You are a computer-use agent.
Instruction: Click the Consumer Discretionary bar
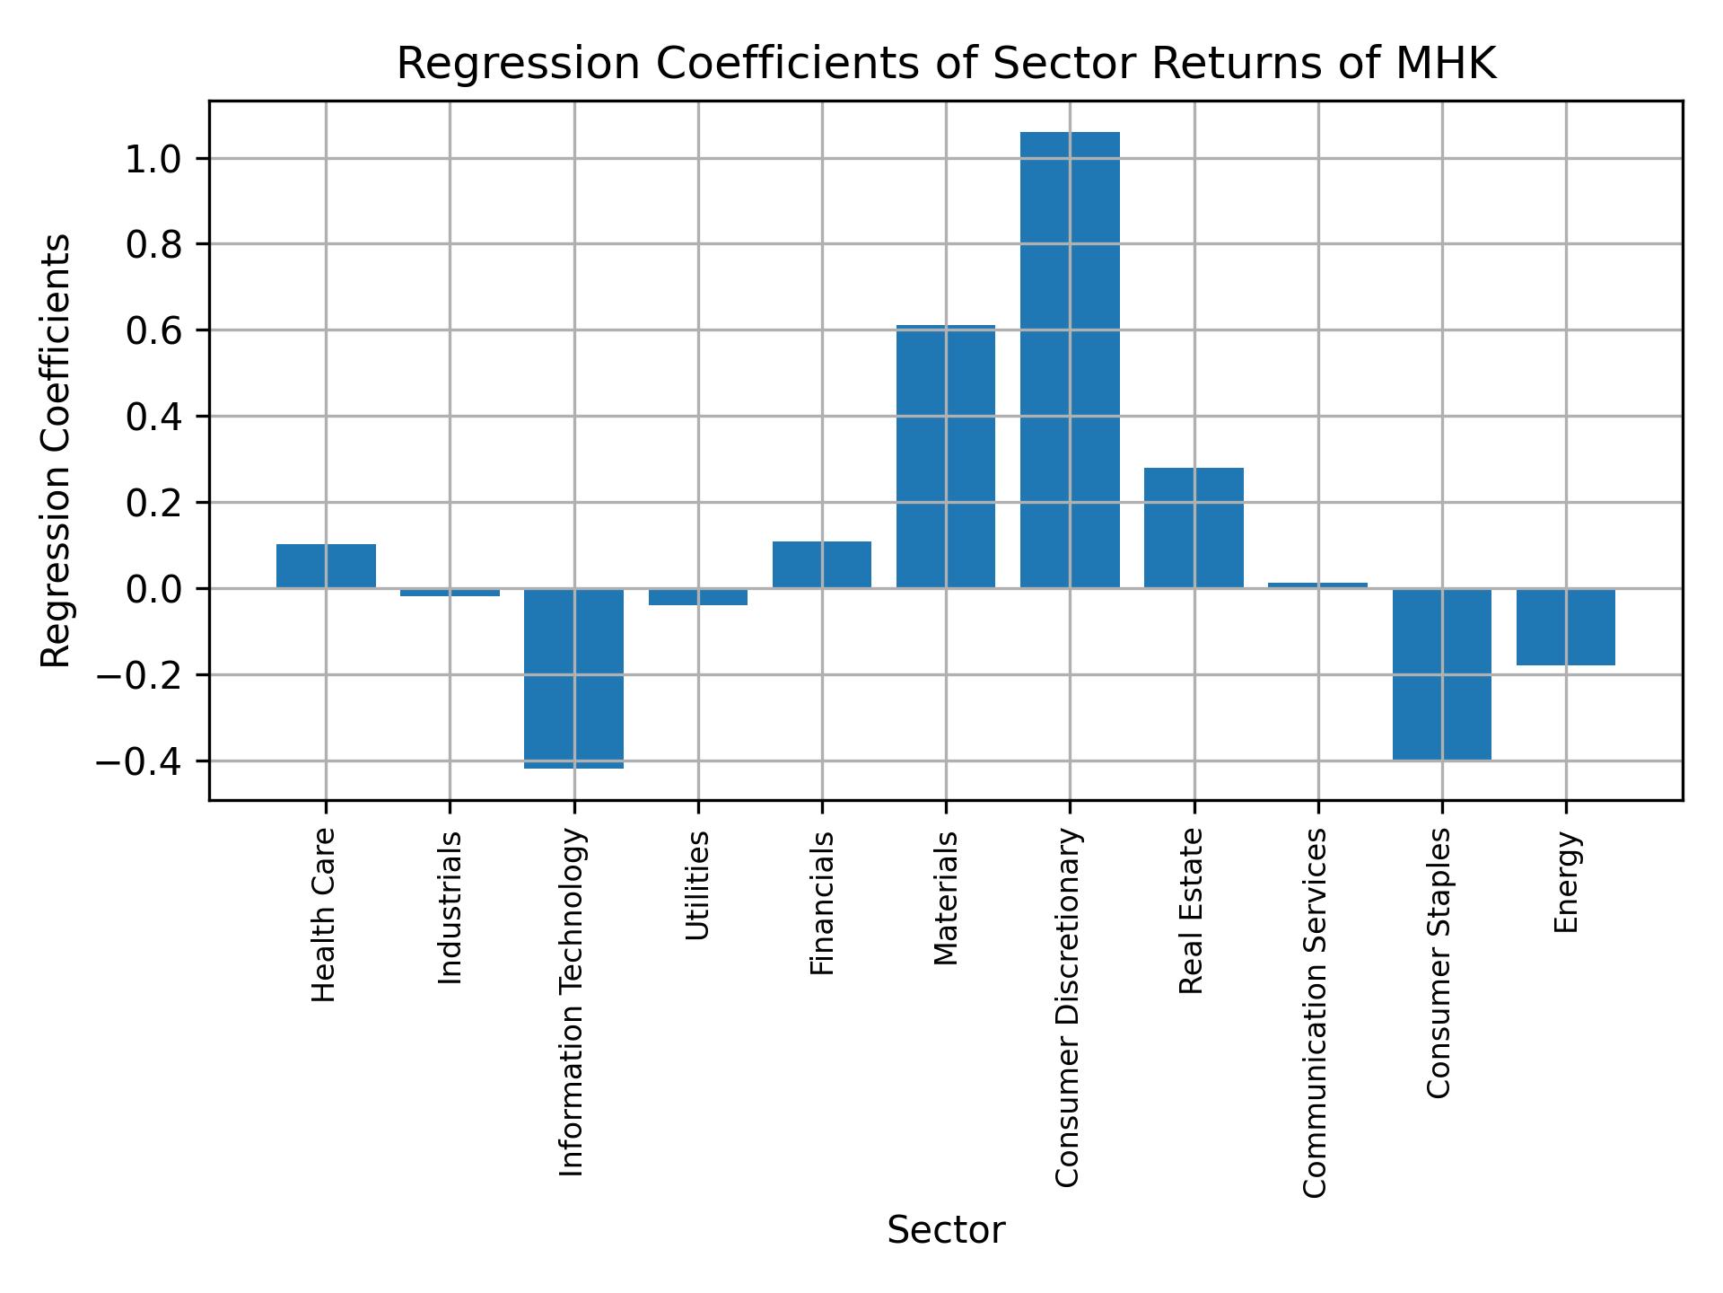coord(1070,360)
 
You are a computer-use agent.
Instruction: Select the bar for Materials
coord(946,457)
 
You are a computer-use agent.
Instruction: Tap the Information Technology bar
coord(574,678)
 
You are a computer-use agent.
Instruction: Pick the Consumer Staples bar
coord(1441,674)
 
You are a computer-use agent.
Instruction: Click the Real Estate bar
coord(1194,528)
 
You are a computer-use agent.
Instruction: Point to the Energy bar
coord(1565,627)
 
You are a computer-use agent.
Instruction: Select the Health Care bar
coord(326,566)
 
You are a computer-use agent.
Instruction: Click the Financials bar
coord(822,565)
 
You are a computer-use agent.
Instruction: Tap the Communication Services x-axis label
coord(1316,1012)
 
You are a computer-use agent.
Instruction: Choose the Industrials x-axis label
coord(450,907)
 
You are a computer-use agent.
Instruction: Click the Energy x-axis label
coord(1566,882)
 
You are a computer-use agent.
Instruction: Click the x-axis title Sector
coord(946,1230)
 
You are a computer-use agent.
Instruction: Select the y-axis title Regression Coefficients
coord(56,451)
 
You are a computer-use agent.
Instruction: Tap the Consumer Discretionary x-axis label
coord(1068,1007)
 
